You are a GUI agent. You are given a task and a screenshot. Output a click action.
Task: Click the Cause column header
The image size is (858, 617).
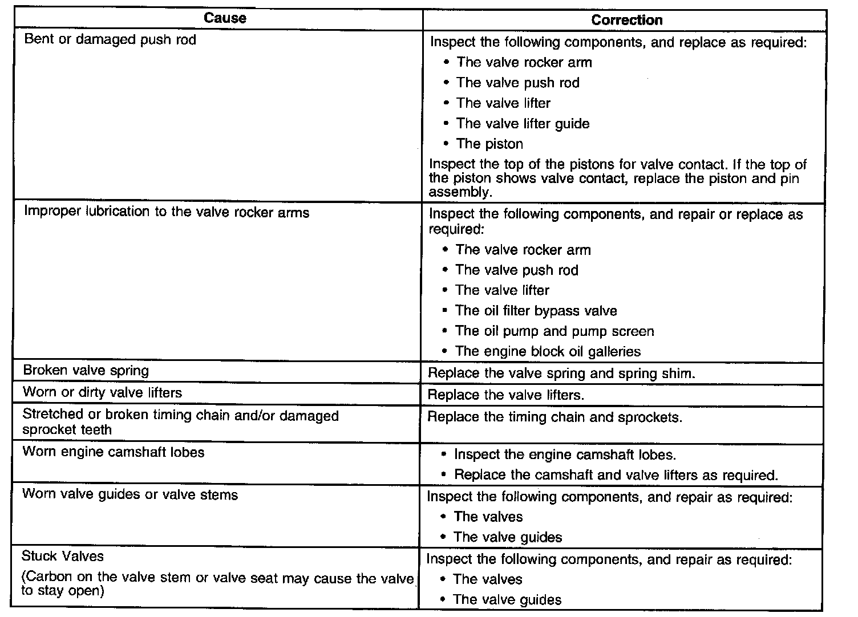coord(225,18)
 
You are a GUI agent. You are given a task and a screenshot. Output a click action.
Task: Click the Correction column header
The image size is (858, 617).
coord(626,20)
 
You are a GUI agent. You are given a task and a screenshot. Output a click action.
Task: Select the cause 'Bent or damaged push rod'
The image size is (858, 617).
coord(110,40)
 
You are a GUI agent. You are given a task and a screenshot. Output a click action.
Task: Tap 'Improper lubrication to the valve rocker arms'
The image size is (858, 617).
coord(167,212)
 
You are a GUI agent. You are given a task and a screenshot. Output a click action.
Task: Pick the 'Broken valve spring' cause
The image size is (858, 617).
coord(86,371)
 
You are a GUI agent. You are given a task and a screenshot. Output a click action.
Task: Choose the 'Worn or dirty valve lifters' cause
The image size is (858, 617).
coord(102,392)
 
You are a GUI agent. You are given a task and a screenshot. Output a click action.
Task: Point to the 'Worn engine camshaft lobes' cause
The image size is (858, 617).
coord(113,452)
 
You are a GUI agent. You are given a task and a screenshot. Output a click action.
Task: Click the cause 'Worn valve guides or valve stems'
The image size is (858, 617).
coord(130,494)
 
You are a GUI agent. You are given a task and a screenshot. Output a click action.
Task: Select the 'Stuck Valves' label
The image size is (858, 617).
coord(63,556)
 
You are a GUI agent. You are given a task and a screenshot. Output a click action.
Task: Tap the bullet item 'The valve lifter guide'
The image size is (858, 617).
coord(523,124)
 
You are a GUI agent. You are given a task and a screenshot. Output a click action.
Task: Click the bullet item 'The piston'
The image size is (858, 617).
coord(489,144)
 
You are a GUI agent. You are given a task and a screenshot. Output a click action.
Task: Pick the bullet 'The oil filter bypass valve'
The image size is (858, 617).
coord(536,311)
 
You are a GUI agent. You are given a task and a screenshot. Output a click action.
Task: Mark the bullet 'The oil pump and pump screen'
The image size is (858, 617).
coord(554,331)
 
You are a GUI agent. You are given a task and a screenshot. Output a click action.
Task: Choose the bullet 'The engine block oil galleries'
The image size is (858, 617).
coord(548,351)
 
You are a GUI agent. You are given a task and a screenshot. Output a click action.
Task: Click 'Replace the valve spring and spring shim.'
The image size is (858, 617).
coord(561,374)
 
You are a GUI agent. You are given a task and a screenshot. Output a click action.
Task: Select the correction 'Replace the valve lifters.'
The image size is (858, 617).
coord(506,395)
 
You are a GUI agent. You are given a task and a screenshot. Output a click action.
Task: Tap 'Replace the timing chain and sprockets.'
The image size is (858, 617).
coord(555,417)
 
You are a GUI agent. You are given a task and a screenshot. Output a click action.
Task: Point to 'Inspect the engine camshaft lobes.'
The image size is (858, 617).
coord(565,454)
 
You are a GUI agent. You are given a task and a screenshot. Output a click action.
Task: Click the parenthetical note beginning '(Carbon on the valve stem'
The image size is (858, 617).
coord(217,584)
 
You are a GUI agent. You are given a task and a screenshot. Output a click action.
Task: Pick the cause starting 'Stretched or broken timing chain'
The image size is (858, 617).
coord(180,423)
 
